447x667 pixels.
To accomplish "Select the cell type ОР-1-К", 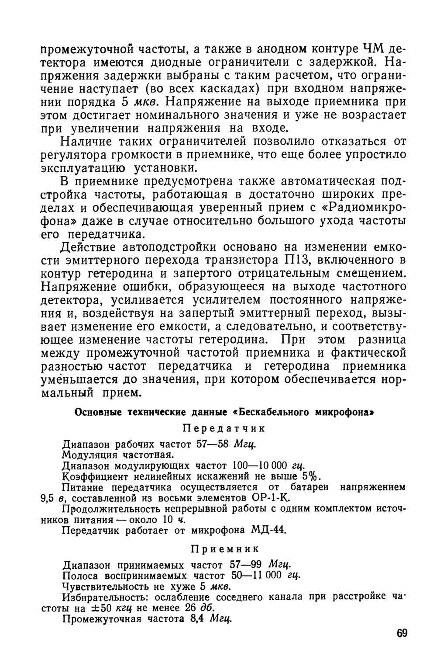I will (271, 498).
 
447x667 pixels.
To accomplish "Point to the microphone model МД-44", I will (268, 530).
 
